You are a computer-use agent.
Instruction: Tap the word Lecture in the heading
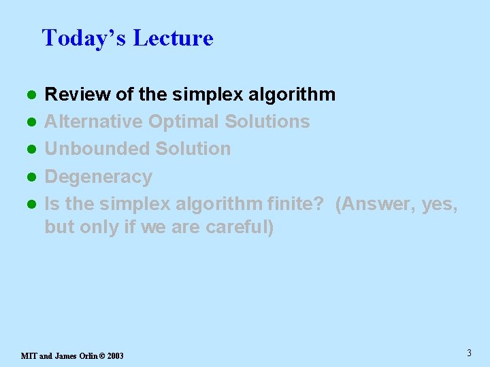[173, 38]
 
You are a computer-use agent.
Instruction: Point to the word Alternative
[93, 122]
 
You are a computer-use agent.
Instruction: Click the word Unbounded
[97, 149]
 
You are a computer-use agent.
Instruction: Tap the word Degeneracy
[98, 177]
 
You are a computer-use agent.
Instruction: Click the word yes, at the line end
[440, 203]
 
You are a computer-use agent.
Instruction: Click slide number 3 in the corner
[469, 353]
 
